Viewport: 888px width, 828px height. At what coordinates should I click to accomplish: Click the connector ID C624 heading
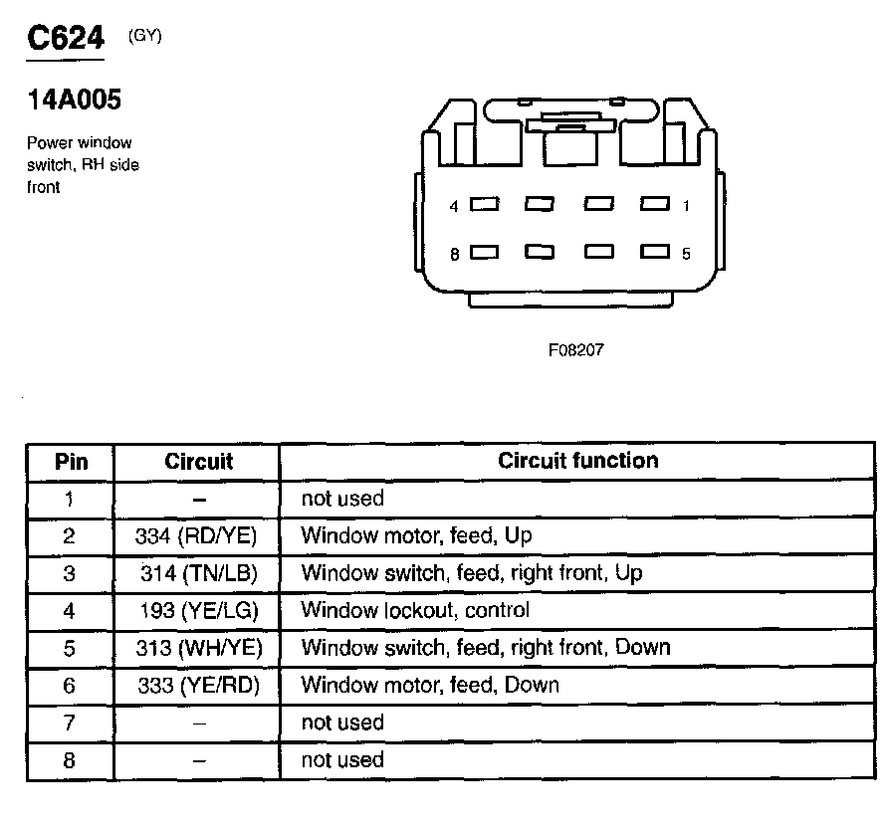point(65,40)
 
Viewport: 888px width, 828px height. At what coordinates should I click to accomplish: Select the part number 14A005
point(74,101)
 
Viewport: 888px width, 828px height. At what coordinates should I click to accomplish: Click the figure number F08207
point(575,350)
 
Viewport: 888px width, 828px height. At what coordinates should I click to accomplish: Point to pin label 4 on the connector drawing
point(454,206)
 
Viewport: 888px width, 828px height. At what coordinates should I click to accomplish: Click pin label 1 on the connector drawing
point(687,206)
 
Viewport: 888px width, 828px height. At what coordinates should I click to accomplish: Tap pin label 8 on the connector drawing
point(454,254)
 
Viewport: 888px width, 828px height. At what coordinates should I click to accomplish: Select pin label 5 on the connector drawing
point(687,254)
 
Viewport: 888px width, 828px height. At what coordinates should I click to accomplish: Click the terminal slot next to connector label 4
point(484,205)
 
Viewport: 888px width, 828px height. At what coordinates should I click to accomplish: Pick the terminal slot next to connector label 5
point(654,253)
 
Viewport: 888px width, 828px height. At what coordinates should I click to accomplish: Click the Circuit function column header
point(577,461)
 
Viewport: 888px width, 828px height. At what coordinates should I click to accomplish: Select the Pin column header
point(70,462)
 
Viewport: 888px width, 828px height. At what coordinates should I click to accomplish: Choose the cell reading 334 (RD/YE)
point(196,536)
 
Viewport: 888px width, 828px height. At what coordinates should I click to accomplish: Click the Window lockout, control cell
point(415,610)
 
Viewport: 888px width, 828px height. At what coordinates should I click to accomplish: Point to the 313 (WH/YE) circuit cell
point(198,648)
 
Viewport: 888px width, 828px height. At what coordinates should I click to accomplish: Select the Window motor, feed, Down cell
point(430,685)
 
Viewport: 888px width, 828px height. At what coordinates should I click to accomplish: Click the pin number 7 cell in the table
point(69,723)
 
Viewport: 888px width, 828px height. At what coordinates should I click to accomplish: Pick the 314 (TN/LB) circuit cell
point(198,573)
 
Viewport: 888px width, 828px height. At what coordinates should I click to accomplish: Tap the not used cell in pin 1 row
point(341,499)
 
